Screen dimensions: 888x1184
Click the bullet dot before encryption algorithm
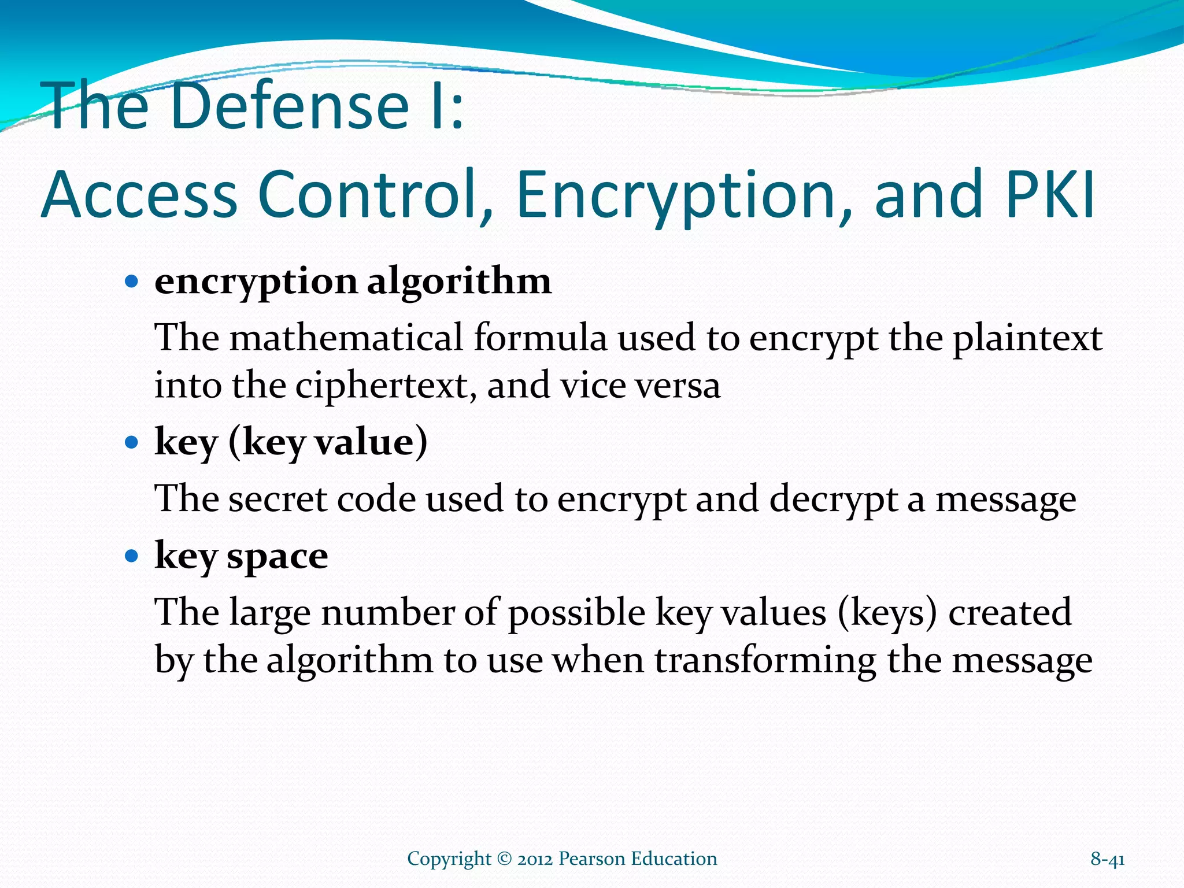132,282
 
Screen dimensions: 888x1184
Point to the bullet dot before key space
132,556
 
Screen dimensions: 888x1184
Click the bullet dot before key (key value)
132,443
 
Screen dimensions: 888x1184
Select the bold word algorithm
459,282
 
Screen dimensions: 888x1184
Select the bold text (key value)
328,443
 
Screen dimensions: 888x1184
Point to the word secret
277,499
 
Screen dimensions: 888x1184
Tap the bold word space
277,557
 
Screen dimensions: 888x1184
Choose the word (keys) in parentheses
886,613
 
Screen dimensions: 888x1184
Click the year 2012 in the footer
535,859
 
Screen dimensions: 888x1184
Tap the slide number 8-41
1107,859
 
